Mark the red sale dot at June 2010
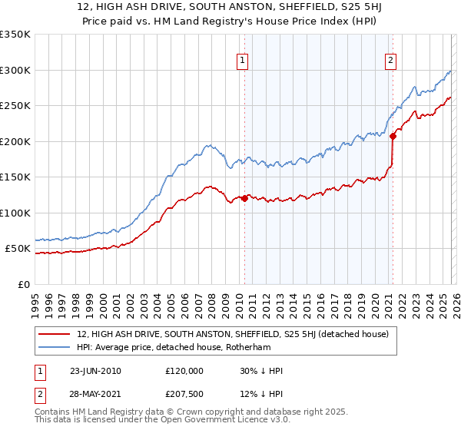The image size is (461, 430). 245,198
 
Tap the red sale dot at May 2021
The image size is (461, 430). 393,136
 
